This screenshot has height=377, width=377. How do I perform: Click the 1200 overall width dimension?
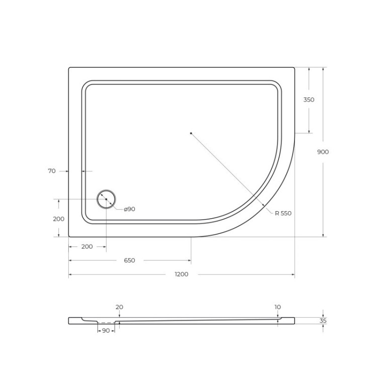coord(181,274)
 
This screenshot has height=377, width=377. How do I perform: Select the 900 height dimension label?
coord(323,152)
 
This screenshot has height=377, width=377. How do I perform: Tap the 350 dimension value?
coord(309,100)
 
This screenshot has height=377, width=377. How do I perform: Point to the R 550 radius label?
coord(283,213)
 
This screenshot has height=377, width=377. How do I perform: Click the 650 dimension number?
coord(129,260)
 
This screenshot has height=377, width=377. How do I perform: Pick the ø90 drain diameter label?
coord(129,209)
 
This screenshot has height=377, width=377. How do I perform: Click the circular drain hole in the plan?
coord(106,199)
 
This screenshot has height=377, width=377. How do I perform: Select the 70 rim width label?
coord(52,171)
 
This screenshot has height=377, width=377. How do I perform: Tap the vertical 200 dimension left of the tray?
coord(58,219)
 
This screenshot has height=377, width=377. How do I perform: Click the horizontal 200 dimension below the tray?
coord(87,247)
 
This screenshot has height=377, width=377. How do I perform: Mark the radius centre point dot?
coord(191,133)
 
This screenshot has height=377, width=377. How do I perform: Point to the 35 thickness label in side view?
coord(323,320)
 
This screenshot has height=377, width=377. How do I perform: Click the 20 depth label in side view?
coord(119,307)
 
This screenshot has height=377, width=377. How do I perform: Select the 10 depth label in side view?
coord(278,307)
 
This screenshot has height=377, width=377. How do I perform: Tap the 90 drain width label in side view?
coord(106,330)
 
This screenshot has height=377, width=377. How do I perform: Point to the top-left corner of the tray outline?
coord(69,68)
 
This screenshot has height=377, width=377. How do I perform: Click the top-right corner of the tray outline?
coord(294,68)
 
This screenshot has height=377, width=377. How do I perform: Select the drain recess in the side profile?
coord(106,322)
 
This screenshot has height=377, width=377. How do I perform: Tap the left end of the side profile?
coord(70,321)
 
